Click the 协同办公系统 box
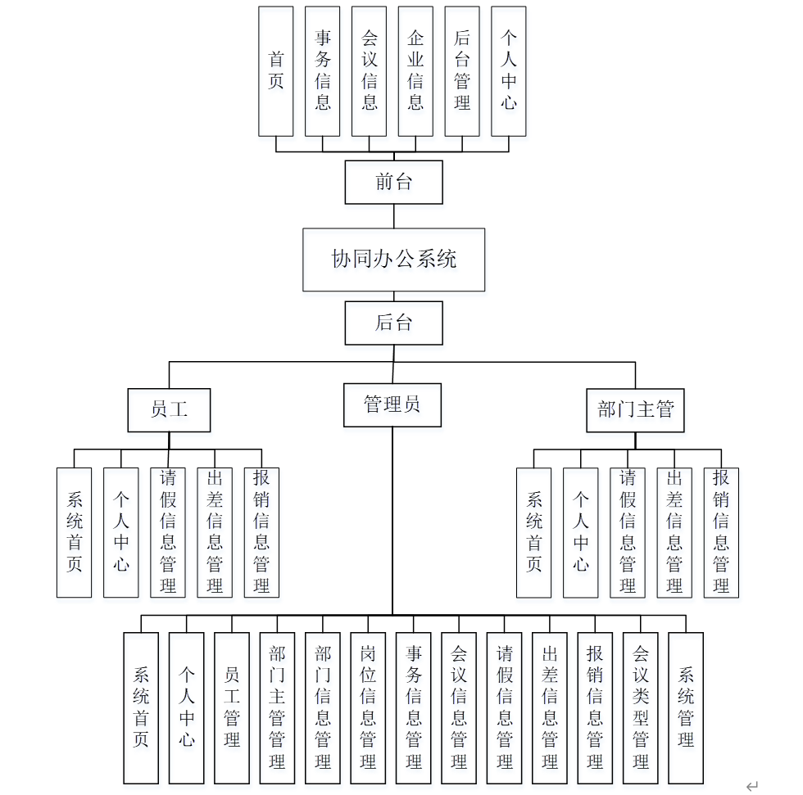point(393,260)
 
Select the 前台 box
point(393,182)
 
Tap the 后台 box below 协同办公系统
point(393,323)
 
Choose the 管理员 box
point(392,404)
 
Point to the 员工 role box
point(169,409)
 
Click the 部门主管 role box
point(635,409)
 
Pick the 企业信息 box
point(415,71)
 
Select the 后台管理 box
point(462,71)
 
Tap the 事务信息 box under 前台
point(322,71)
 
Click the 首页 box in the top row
point(275,71)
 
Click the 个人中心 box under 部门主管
point(580,532)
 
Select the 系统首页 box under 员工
point(74,532)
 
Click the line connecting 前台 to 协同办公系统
point(393,216)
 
